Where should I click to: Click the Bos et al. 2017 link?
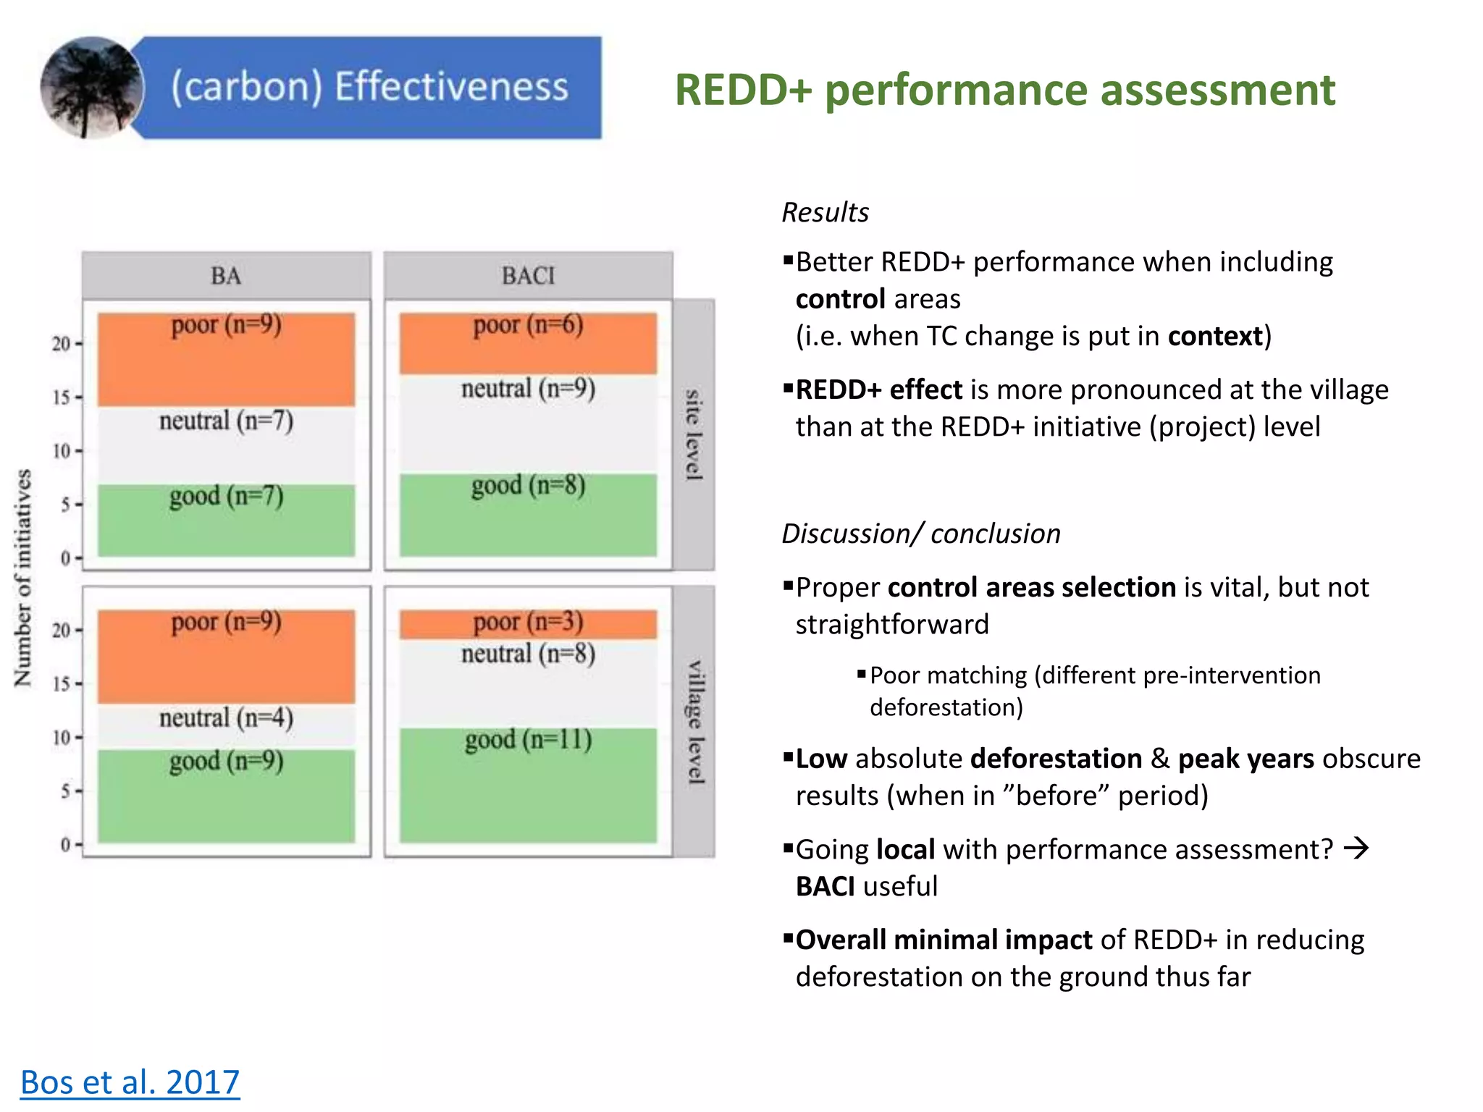130,1082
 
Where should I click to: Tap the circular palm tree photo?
92,88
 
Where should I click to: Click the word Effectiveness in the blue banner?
450,86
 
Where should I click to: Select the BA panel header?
226,276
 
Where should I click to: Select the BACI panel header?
528,276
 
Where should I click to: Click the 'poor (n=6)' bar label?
528,324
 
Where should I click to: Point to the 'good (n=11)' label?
528,740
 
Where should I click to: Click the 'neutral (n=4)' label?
226,718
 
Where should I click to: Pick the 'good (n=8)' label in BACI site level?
528,485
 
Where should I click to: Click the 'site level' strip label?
694,434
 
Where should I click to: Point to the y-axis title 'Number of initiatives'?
23,578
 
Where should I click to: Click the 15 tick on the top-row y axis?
62,397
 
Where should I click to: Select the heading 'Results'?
825,212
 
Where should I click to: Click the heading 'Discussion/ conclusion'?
920,534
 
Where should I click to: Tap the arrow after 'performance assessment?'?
1356,848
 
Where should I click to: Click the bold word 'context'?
1214,337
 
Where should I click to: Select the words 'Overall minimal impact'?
944,940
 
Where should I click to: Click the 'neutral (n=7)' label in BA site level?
226,421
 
